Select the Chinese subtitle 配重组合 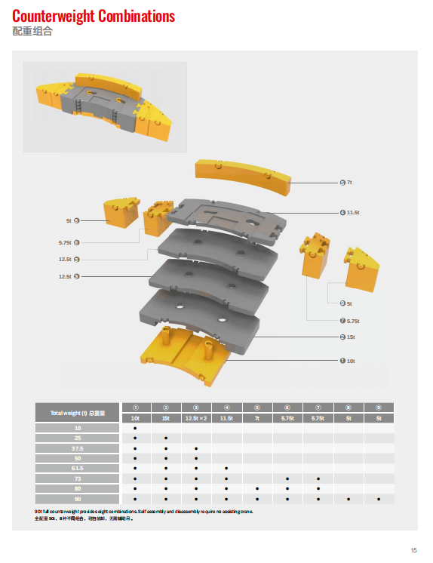(x=32, y=32)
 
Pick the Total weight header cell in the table (x=78, y=412)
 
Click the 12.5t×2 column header (x=196, y=417)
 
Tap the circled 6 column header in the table (x=287, y=407)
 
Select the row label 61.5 (x=78, y=468)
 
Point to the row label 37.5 (x=78, y=448)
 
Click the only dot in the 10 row (x=135, y=427)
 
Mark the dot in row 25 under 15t (x=166, y=438)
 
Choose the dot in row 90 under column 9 (x=379, y=499)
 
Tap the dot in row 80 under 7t (x=257, y=488)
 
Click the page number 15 (x=413, y=549)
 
